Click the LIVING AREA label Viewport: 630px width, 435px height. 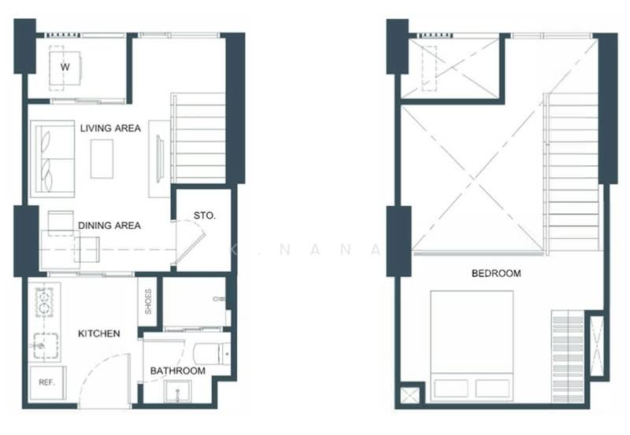pyautogui.click(x=109, y=128)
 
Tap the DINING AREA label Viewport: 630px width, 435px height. pyautogui.click(x=109, y=226)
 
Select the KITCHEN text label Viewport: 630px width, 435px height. pyautogui.click(x=99, y=334)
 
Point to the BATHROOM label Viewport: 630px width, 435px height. pyautogui.click(x=179, y=370)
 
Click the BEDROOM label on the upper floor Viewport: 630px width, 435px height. pyautogui.click(x=495, y=274)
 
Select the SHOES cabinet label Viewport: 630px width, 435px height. pyautogui.click(x=148, y=302)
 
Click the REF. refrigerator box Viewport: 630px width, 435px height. pyautogui.click(x=46, y=382)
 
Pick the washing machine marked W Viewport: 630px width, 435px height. pyautogui.click(x=65, y=68)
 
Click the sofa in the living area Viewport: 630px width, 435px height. pyautogui.click(x=53, y=160)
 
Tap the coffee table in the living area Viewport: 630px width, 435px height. pyautogui.click(x=102, y=158)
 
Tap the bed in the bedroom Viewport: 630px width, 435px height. pyautogui.click(x=472, y=346)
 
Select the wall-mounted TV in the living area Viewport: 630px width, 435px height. pyautogui.click(x=161, y=158)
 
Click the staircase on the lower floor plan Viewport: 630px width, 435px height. pyautogui.click(x=198, y=138)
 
